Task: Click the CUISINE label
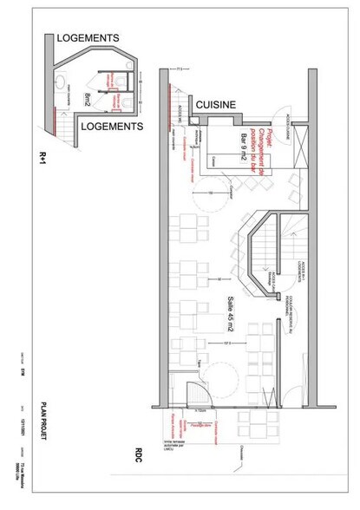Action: coord(216,105)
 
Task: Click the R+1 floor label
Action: coord(42,156)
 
